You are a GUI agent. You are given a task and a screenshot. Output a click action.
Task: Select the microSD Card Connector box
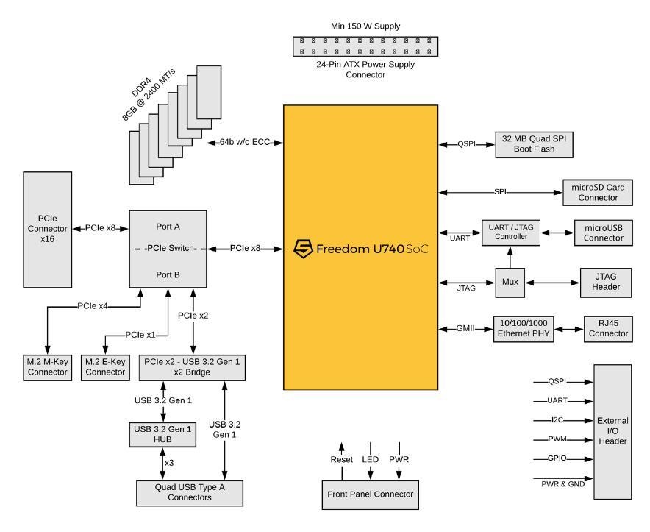click(596, 192)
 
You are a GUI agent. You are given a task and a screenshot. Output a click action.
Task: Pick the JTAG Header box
click(600, 283)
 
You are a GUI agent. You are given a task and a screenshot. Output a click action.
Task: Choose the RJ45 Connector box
click(607, 328)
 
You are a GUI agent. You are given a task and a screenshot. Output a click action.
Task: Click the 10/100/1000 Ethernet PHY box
click(524, 328)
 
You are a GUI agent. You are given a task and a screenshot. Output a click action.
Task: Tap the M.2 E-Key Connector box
click(105, 367)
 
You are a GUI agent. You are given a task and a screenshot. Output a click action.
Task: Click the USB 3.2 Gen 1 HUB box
click(163, 435)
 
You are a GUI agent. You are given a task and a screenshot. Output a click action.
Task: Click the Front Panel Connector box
click(371, 494)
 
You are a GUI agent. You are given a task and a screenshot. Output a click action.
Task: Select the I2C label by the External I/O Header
click(557, 420)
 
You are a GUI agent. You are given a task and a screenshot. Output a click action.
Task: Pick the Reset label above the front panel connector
click(340, 460)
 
